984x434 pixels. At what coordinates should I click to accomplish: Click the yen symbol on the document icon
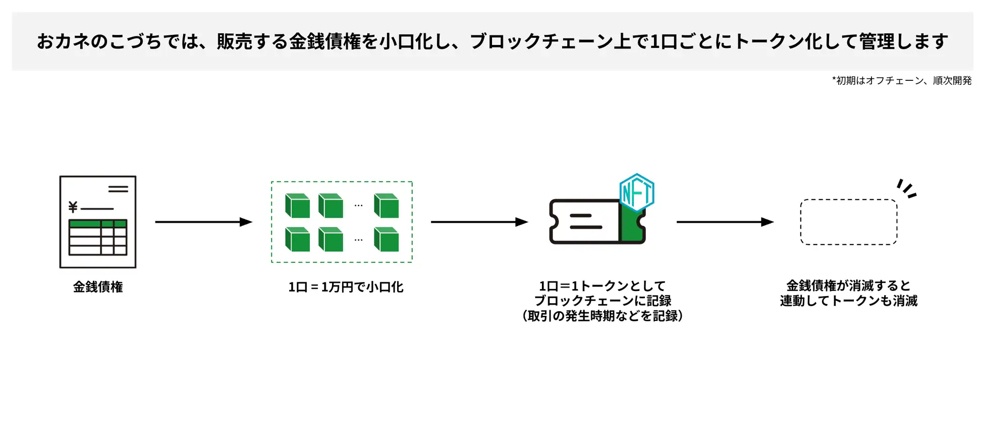click(73, 207)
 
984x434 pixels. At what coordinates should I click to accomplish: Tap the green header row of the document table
click(98, 224)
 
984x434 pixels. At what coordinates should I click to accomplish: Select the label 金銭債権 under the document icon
click(98, 287)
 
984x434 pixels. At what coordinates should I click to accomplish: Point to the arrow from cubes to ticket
click(479, 222)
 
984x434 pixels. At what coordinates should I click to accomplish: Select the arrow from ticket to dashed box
click(725, 222)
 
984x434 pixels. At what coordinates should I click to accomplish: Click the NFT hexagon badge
click(637, 192)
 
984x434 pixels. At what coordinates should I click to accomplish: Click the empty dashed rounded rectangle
click(849, 222)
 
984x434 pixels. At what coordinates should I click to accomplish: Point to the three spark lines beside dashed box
click(907, 188)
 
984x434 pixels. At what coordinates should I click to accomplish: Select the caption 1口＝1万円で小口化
click(346, 287)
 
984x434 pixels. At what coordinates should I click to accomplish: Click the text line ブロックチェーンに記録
click(603, 301)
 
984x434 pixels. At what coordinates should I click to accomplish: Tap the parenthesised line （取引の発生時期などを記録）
click(603, 316)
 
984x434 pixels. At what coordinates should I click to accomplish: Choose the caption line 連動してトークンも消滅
click(849, 301)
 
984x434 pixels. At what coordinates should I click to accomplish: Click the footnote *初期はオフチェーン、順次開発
click(901, 81)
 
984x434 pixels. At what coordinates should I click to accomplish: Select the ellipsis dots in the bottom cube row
click(358, 240)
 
